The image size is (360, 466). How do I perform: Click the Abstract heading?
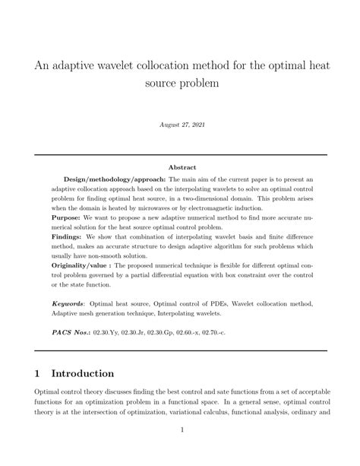click(x=181, y=167)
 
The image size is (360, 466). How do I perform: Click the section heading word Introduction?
click(x=81, y=373)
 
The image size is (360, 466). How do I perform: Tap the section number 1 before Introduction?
click(x=38, y=373)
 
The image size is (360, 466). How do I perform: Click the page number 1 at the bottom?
click(x=180, y=450)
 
